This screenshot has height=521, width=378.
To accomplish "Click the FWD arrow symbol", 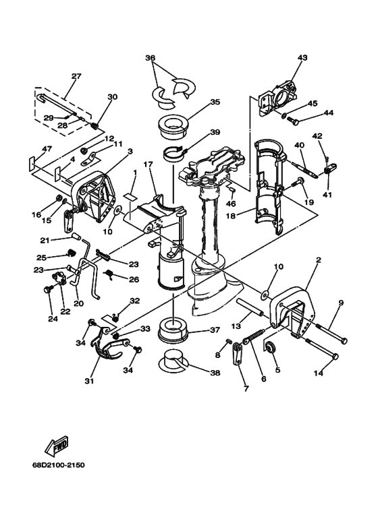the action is pyautogui.click(x=57, y=446).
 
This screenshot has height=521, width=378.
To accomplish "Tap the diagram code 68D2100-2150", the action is pyautogui.click(x=58, y=464).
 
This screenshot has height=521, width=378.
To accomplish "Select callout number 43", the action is pyautogui.click(x=302, y=57).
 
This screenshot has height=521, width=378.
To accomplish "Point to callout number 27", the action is pyautogui.click(x=76, y=76).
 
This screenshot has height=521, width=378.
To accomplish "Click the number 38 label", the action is pyautogui.click(x=215, y=373).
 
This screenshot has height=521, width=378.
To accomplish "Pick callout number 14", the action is pyautogui.click(x=319, y=373).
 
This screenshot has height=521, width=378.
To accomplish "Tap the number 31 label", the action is pyautogui.click(x=89, y=381).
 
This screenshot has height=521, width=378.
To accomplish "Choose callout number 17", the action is pyautogui.click(x=148, y=164).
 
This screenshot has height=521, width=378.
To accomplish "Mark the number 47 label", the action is pyautogui.click(x=47, y=149).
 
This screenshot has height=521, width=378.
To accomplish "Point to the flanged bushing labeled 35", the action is pyautogui.click(x=173, y=128).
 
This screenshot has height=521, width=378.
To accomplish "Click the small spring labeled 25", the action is pyautogui.click(x=70, y=253).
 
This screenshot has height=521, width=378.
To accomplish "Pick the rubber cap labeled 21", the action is pyautogui.click(x=76, y=237).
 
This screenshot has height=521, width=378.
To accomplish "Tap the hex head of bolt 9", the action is pyautogui.click(x=344, y=340).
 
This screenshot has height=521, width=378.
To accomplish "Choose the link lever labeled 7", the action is pyautogui.click(x=237, y=355).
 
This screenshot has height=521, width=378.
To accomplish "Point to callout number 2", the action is pyautogui.click(x=319, y=260).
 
